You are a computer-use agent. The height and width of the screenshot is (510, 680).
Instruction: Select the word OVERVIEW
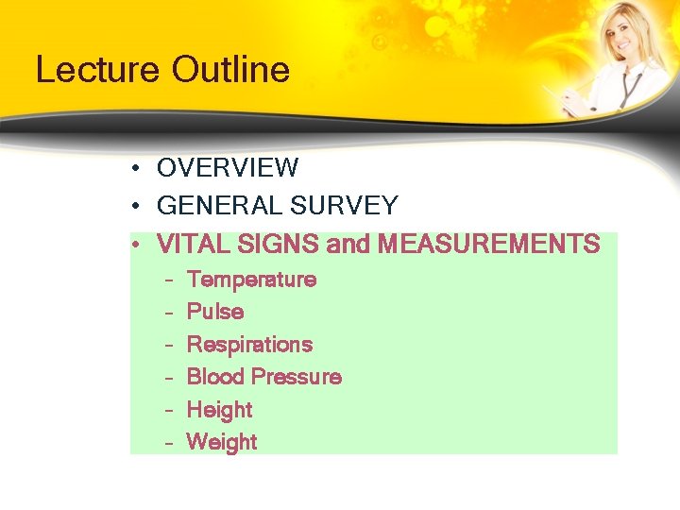228,168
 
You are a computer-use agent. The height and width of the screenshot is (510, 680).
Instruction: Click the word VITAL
192,245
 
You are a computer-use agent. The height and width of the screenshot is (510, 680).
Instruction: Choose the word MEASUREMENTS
488,245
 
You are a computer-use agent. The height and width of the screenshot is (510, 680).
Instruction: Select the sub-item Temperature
251,280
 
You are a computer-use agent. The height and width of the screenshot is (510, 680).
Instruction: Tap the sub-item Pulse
215,312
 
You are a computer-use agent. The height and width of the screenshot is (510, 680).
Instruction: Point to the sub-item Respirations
249,345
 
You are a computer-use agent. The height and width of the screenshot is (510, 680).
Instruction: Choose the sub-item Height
219,410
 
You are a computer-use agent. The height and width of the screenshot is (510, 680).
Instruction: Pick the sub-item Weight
222,442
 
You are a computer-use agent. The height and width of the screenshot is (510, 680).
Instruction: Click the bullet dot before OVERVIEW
138,169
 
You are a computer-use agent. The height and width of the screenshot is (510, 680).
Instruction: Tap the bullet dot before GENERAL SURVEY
138,207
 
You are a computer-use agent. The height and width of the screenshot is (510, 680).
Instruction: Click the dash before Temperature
167,280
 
